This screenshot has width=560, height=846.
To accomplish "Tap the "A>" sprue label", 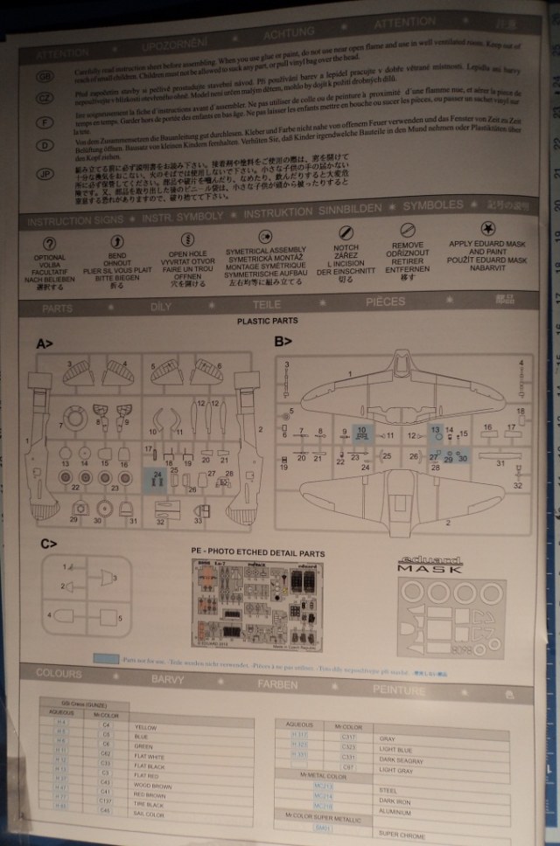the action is point(45,344).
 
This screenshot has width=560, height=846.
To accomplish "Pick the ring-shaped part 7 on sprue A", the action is point(75,420).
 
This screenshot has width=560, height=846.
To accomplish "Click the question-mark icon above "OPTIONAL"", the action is point(49,242).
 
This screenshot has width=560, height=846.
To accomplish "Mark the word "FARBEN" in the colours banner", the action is point(284,683).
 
